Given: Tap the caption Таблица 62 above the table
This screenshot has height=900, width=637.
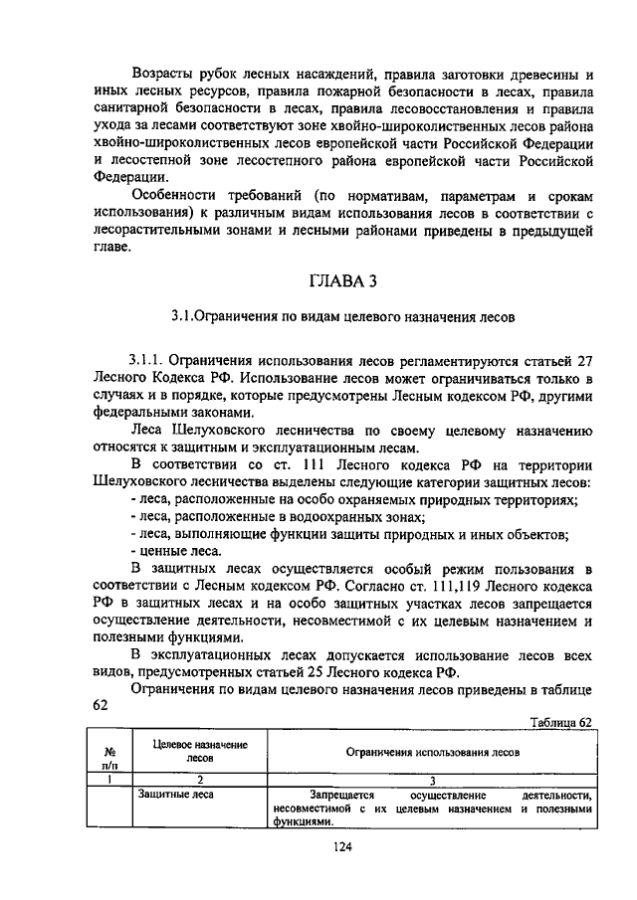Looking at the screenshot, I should (x=561, y=722).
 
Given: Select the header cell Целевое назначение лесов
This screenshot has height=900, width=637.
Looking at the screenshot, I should (x=200, y=751).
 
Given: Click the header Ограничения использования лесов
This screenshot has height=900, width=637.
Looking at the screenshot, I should (x=432, y=753).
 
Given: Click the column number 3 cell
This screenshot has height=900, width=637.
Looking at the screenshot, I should (x=432, y=781).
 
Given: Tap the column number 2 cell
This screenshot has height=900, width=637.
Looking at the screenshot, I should (x=200, y=781).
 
